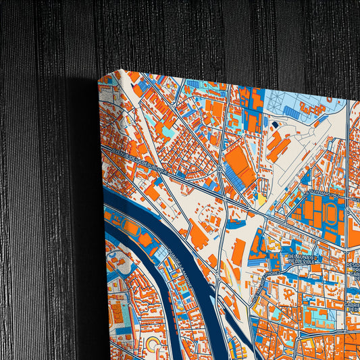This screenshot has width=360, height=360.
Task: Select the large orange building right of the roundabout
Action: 240,165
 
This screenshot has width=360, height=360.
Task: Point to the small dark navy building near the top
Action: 275,124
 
